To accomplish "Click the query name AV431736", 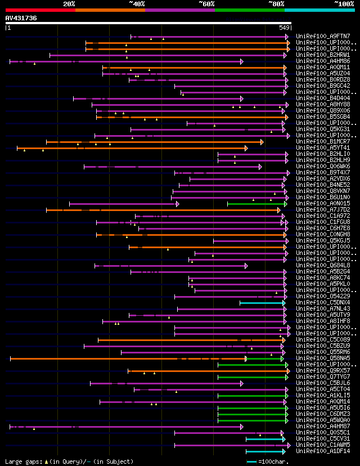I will (x=21, y=18).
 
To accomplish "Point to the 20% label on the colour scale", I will (x=69, y=3).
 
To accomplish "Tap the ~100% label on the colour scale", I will (x=344, y=3).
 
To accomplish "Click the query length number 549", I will (x=284, y=28).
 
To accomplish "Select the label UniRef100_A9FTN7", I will (x=322, y=37).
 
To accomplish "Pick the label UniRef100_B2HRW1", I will (x=322, y=55).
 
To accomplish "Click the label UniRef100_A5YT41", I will (x=322, y=148).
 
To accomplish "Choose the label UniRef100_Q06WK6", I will (x=322, y=167).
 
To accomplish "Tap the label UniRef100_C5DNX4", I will (x=322, y=303).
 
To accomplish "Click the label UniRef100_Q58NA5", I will (x=322, y=359).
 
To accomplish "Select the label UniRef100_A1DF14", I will (x=322, y=451).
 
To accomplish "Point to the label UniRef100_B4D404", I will (x=322, y=98).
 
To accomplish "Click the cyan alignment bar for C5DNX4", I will (x=262, y=303).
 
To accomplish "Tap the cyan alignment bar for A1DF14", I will (x=265, y=451).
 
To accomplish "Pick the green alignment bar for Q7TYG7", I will (x=253, y=377).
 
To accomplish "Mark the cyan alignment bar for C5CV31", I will (x=265, y=439).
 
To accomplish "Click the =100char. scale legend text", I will (x=275, y=461).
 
